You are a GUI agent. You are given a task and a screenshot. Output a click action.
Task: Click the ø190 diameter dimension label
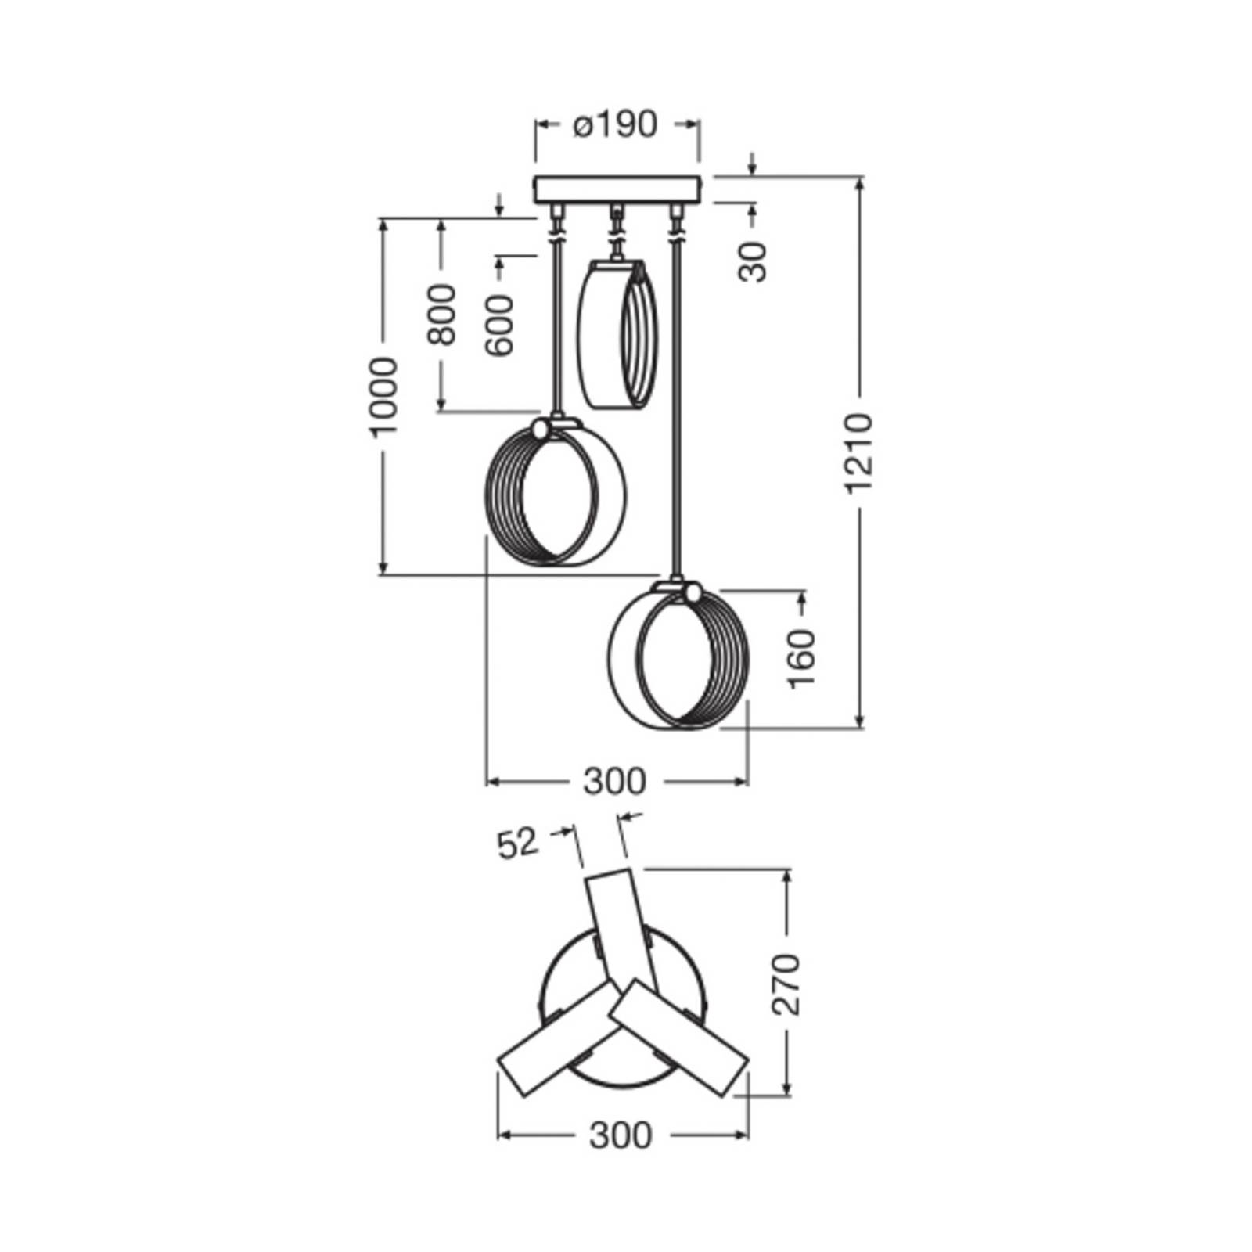click(614, 124)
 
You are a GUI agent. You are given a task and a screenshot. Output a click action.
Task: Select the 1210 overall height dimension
click(858, 453)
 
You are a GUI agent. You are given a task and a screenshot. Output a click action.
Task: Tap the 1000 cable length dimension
click(383, 396)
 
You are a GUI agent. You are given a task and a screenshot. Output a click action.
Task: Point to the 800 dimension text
click(441, 315)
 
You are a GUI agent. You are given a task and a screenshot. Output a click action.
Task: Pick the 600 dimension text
click(498, 326)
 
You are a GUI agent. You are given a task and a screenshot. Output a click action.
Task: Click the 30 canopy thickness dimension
click(752, 261)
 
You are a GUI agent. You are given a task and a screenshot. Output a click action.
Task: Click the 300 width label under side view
click(615, 781)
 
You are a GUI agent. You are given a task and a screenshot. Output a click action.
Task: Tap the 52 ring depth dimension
click(518, 844)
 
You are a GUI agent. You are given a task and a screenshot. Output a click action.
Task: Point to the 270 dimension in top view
click(786, 984)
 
